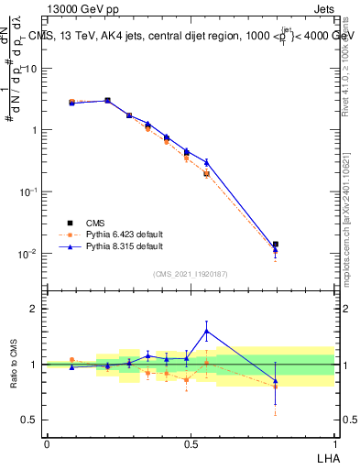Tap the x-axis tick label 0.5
click(x=191, y=443)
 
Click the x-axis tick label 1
click(x=333, y=443)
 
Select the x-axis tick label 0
click(x=47, y=443)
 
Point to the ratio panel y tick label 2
click(x=34, y=309)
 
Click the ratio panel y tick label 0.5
click(x=29, y=420)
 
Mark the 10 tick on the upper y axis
click(x=30, y=69)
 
